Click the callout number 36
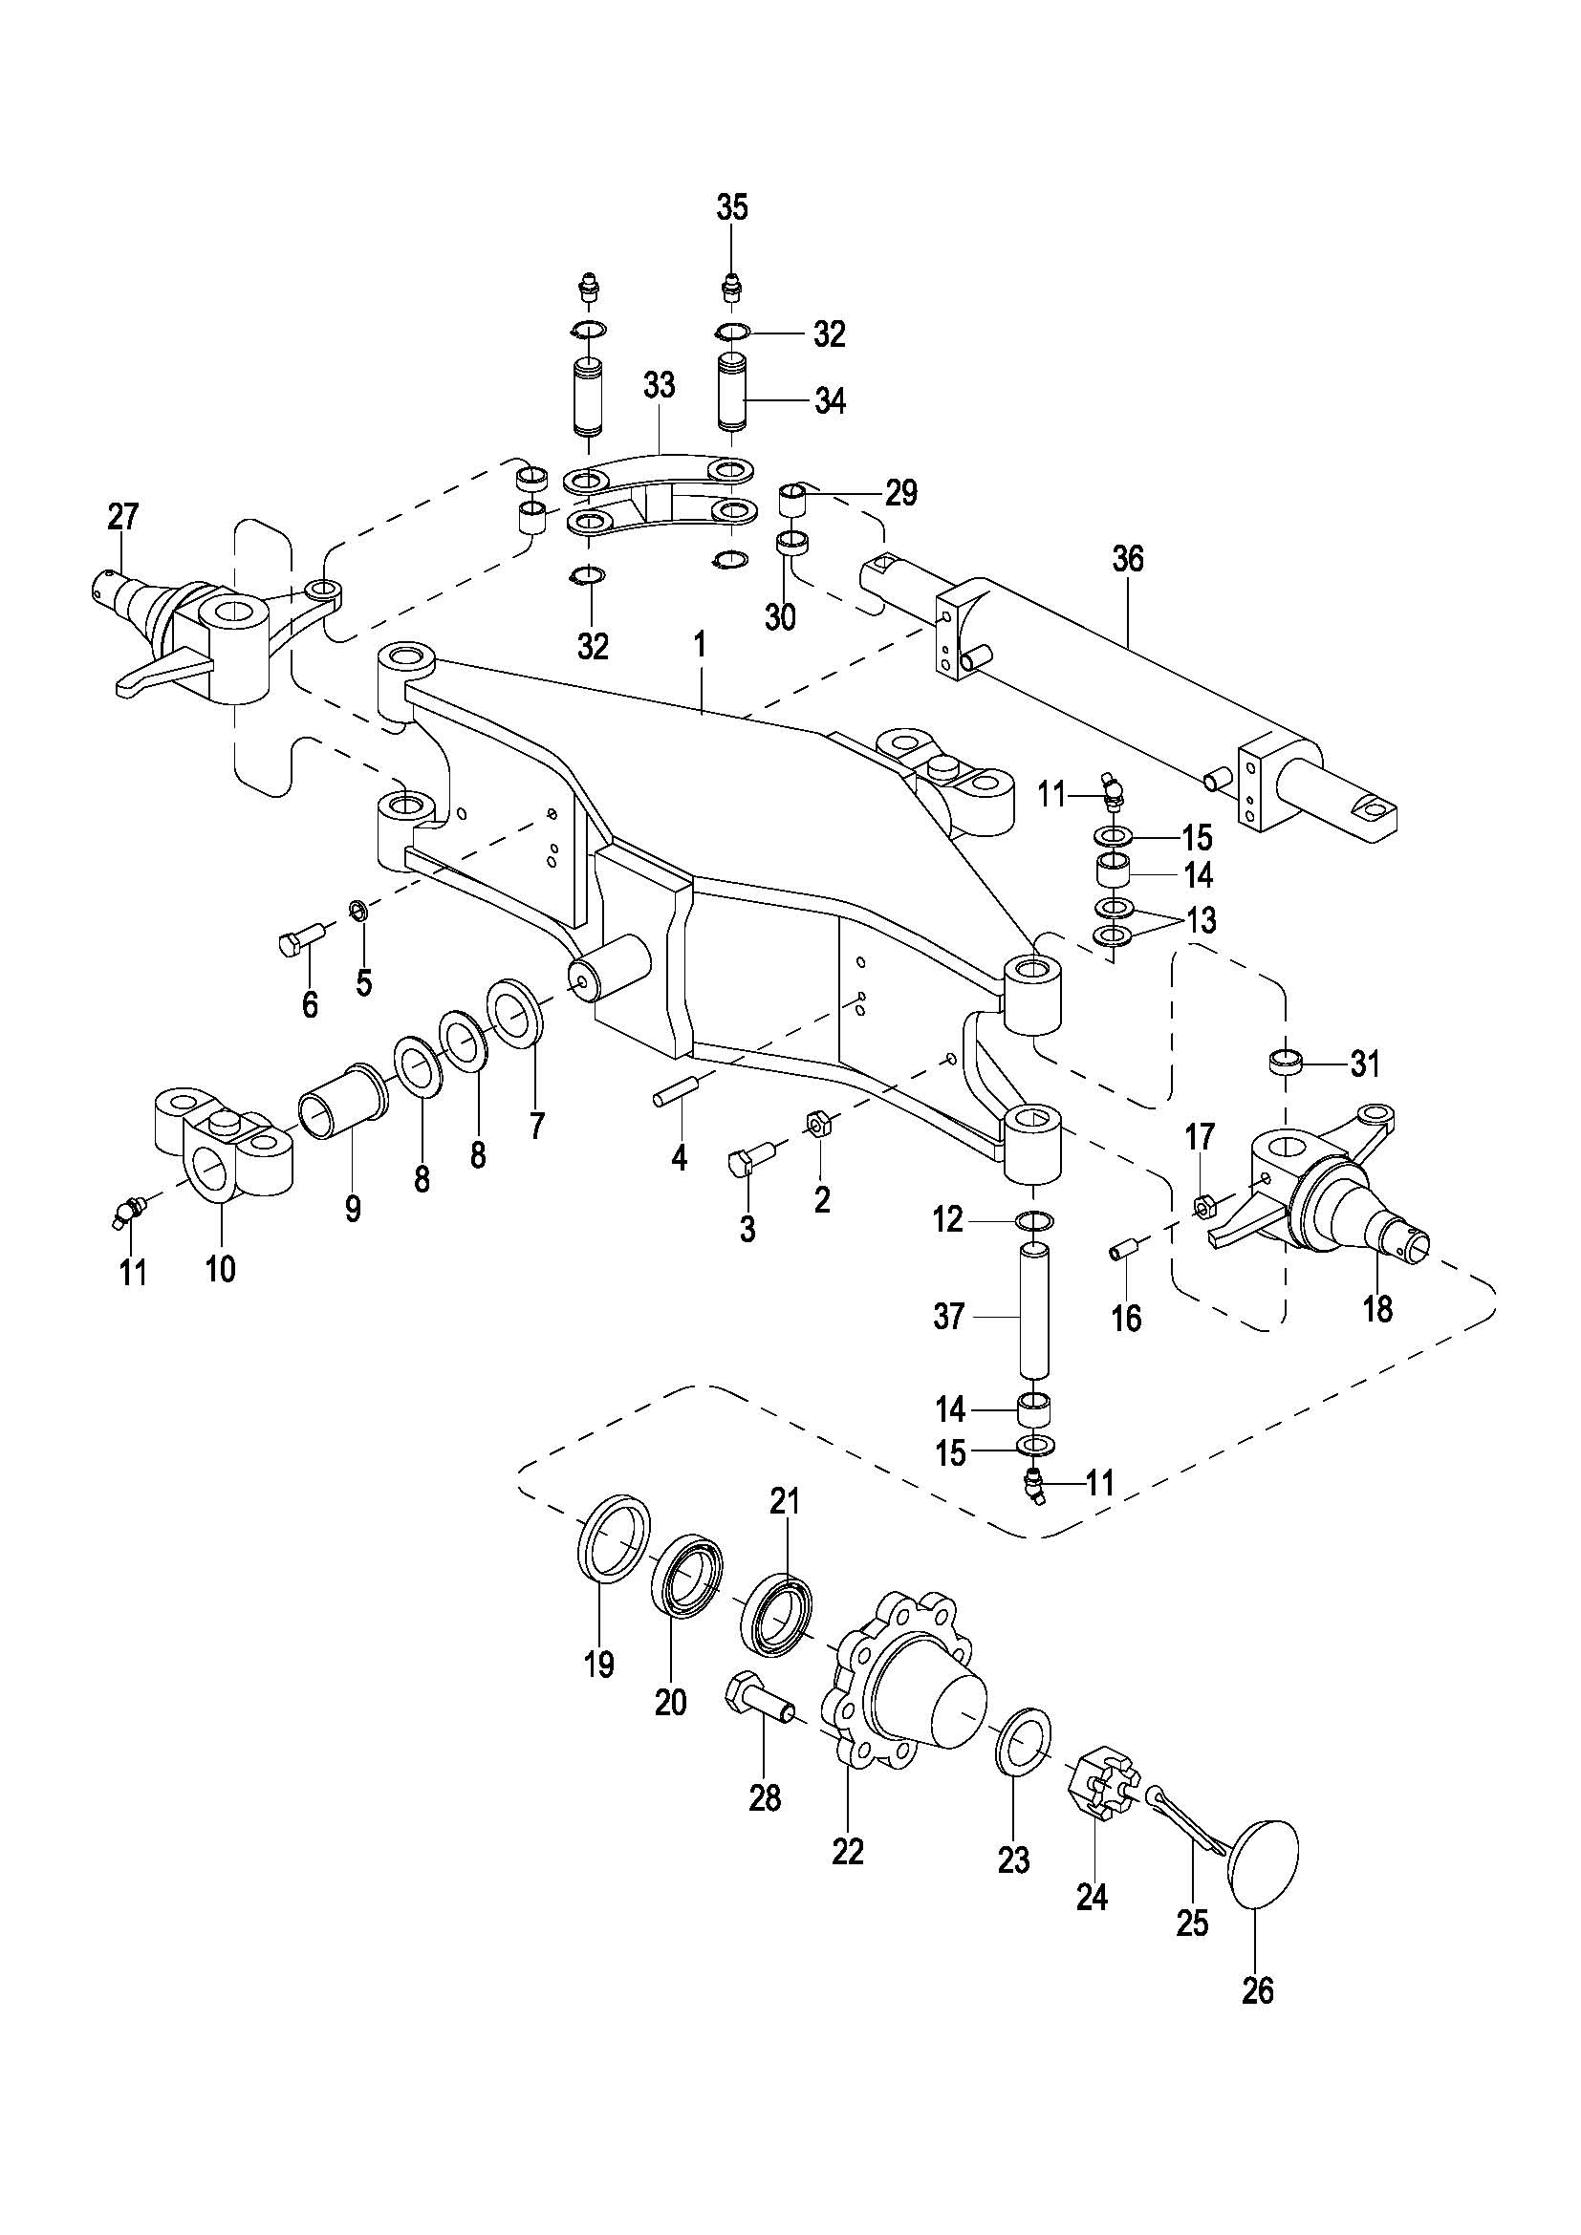[x=1128, y=560]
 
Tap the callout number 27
[x=122, y=517]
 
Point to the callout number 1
[x=701, y=645]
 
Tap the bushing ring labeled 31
[x=1287, y=1060]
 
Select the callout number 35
[x=732, y=207]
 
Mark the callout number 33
[x=660, y=385]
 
